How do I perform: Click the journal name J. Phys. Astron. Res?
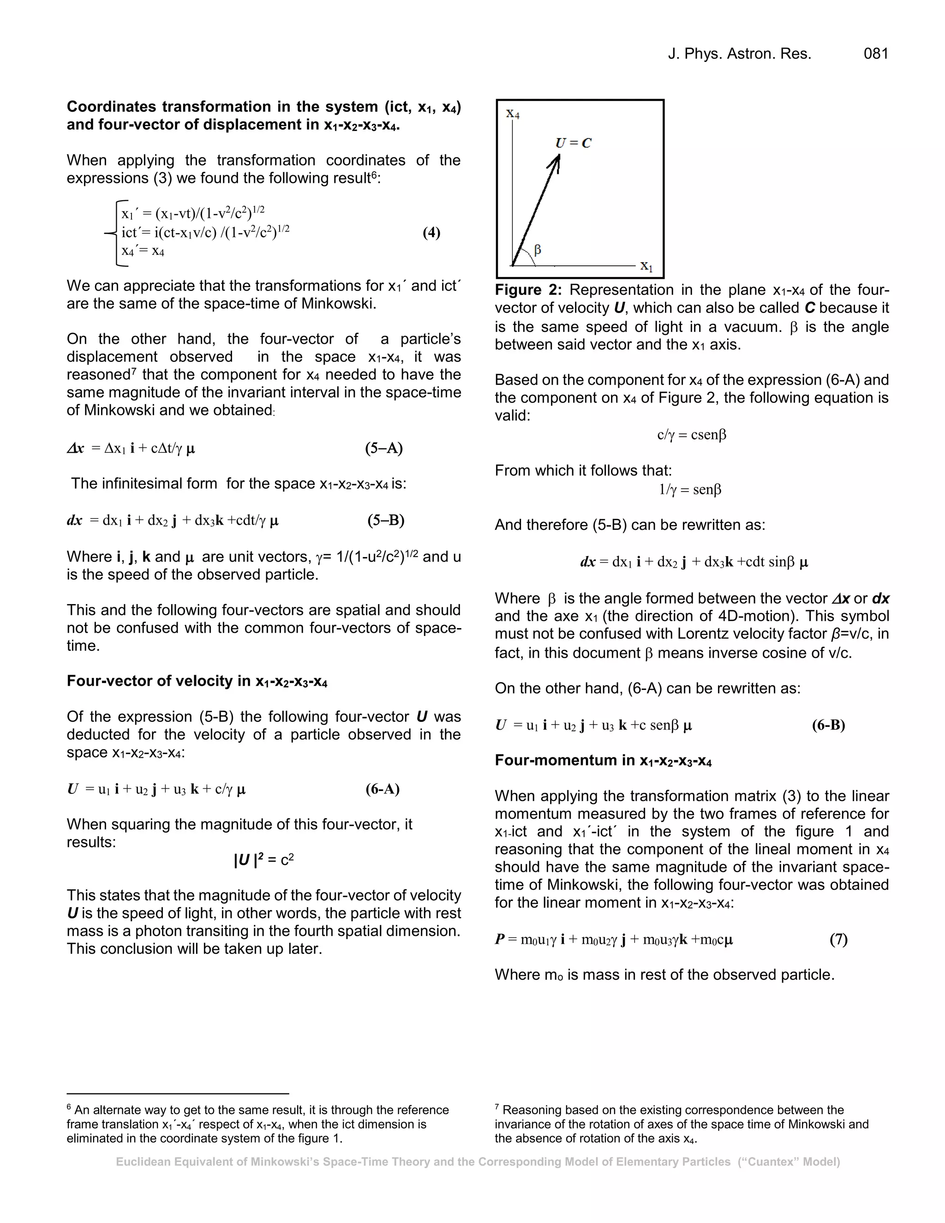pyautogui.click(x=739, y=54)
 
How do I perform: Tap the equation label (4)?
pyautogui.click(x=431, y=233)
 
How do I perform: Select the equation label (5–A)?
pyautogui.click(x=383, y=448)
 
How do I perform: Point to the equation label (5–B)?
pyautogui.click(x=386, y=520)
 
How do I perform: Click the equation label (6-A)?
pyautogui.click(x=383, y=789)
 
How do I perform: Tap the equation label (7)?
pyautogui.click(x=838, y=939)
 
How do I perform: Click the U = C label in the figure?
pyautogui.click(x=573, y=143)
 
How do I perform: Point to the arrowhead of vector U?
pyautogui.click(x=556, y=161)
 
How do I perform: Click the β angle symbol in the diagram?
pyautogui.click(x=538, y=250)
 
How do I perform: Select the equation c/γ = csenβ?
pyautogui.click(x=691, y=435)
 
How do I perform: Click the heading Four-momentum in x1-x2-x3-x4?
pyautogui.click(x=603, y=761)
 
